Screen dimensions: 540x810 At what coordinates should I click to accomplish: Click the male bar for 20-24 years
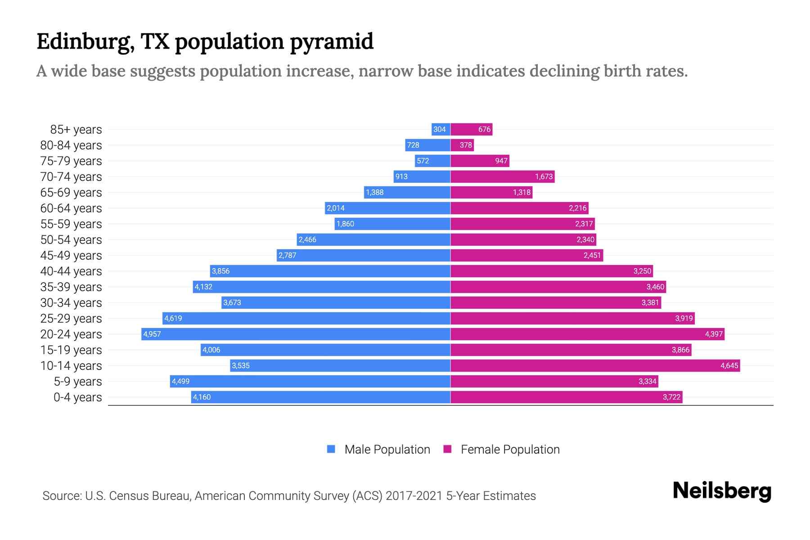pos(296,334)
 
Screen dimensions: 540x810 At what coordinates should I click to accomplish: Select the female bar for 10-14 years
pos(595,365)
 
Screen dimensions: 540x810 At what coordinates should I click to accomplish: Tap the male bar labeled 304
pos(441,130)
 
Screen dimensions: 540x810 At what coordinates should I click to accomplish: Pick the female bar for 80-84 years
pos(462,145)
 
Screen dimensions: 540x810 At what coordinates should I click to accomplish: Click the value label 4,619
pos(173,319)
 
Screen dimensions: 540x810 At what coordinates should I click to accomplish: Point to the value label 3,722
pos(671,397)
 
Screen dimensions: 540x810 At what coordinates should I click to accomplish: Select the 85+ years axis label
pos(76,130)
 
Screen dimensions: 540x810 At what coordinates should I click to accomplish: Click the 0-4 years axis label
pos(77,397)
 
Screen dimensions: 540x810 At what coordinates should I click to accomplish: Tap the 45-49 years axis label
pos(71,256)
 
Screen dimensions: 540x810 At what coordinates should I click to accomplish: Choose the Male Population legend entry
pos(387,450)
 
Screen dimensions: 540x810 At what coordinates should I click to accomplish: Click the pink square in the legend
pos(447,449)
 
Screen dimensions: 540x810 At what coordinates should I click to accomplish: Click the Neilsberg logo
pos(722,491)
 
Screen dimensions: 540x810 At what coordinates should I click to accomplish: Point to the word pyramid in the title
pos(331,42)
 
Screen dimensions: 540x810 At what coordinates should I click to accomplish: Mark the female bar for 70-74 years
pos(502,176)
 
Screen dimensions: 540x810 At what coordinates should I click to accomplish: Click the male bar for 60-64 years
pos(387,208)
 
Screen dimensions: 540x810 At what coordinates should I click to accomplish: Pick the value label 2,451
pos(592,256)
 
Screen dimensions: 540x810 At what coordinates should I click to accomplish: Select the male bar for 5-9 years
pos(310,381)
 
